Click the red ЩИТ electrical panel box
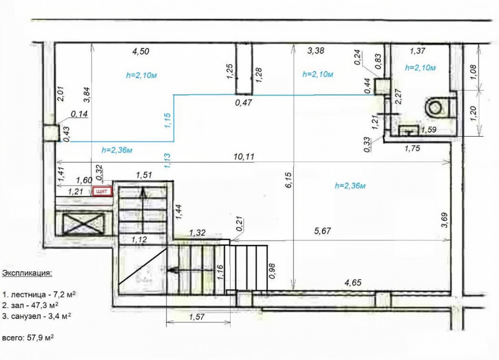click(x=102, y=192)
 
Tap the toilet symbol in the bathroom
click(x=438, y=108)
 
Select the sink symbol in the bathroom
click(x=408, y=130)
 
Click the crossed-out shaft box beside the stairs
click(x=84, y=224)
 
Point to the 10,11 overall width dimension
click(x=244, y=156)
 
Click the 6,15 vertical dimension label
click(x=289, y=181)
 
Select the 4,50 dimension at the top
click(x=141, y=51)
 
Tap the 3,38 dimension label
click(x=316, y=50)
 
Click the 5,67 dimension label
click(x=322, y=231)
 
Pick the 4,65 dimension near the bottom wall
click(x=353, y=282)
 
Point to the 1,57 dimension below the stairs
click(x=197, y=317)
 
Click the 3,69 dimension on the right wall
click(x=444, y=220)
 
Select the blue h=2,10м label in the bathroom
click(x=420, y=68)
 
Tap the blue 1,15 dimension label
click(x=168, y=121)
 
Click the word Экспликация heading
click(x=27, y=273)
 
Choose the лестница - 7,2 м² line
click(x=39, y=294)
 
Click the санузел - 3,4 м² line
click(x=36, y=316)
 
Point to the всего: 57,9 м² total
click(x=28, y=337)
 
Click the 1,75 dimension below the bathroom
click(x=412, y=148)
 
